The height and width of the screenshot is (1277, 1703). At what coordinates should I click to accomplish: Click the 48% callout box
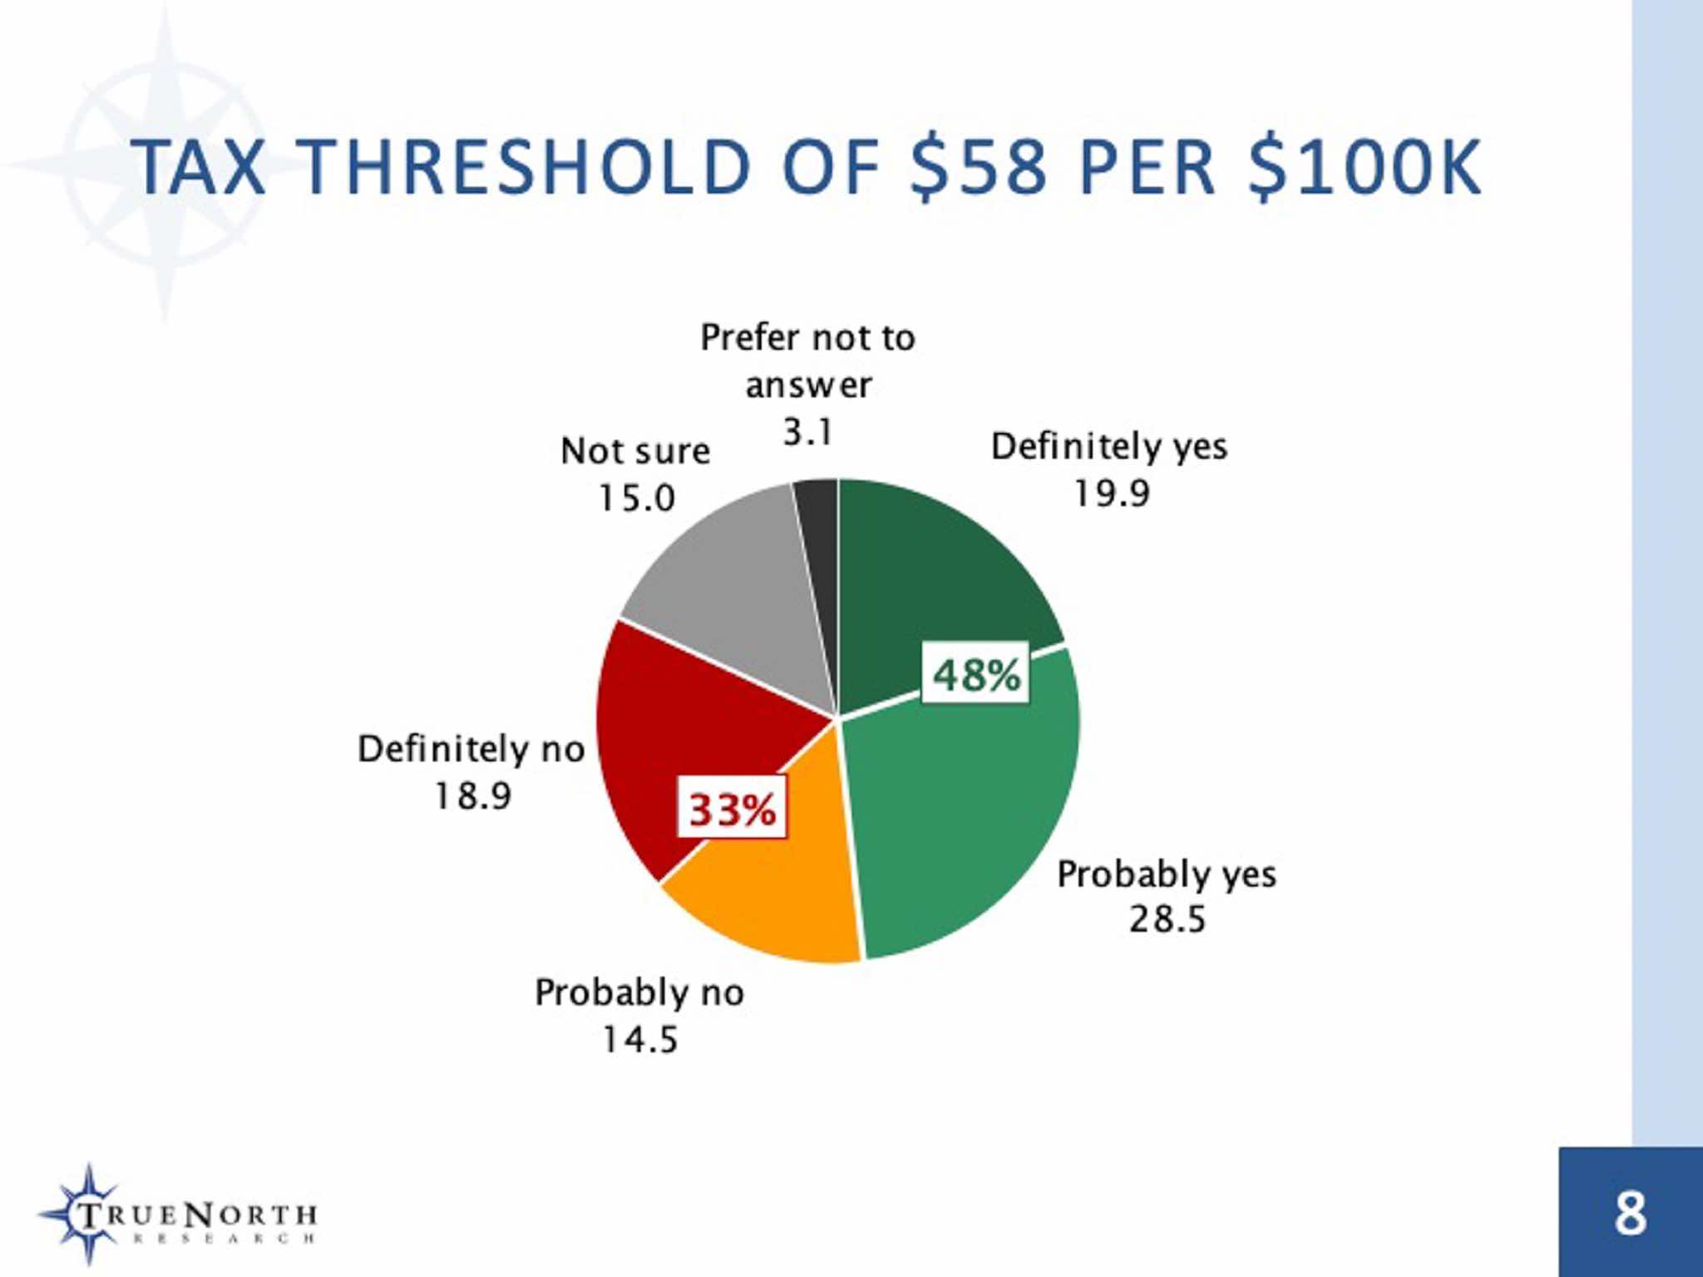[x=975, y=674]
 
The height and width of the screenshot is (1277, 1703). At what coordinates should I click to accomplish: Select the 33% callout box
[x=732, y=808]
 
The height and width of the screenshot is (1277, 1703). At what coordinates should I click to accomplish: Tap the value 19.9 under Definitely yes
[x=1111, y=494]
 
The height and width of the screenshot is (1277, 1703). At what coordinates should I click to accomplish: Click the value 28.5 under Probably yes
[x=1167, y=920]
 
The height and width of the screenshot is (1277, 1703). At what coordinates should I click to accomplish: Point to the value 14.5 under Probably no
[x=639, y=1039]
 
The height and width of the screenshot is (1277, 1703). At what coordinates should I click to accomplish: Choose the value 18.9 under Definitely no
[x=472, y=796]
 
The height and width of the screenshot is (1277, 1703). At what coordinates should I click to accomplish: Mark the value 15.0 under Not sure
[x=636, y=498]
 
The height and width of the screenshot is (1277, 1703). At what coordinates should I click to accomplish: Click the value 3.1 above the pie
[x=807, y=431]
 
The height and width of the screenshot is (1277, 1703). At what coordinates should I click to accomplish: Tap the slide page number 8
[x=1630, y=1214]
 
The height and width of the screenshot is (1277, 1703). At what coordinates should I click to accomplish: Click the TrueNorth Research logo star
[x=87, y=1214]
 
